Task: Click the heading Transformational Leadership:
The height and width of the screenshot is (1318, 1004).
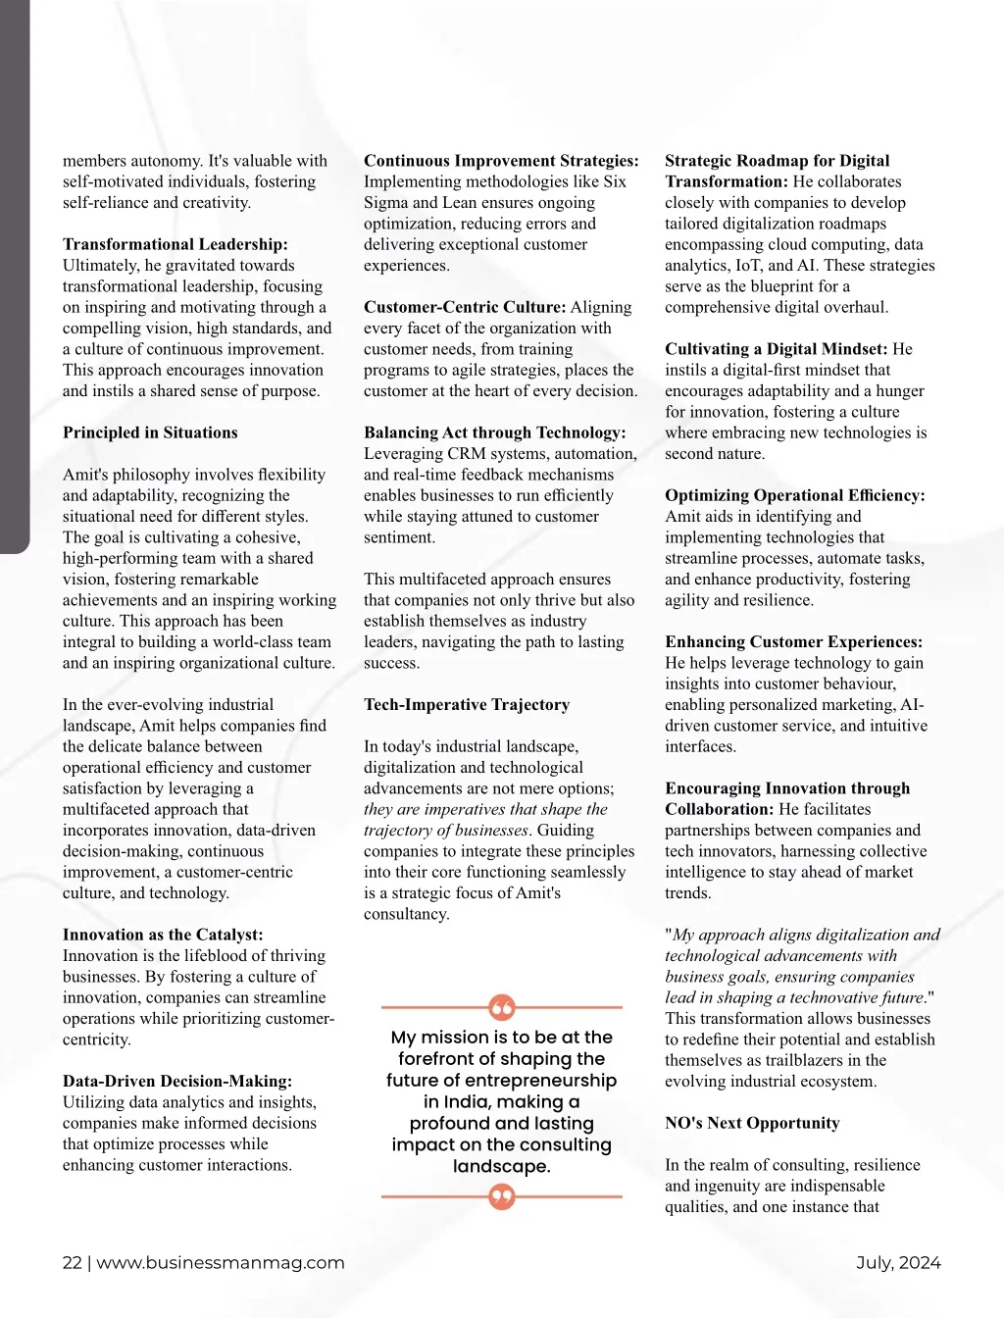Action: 175,244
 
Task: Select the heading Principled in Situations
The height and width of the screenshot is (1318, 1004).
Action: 150,432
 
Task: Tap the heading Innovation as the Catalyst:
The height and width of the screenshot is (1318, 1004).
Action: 163,935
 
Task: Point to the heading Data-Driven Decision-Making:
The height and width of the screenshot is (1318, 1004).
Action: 177,1081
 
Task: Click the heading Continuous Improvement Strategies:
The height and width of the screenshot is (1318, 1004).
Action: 501,161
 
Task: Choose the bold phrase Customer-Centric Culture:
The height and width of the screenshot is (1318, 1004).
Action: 465,307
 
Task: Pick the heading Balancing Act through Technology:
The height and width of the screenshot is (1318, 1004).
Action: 494,432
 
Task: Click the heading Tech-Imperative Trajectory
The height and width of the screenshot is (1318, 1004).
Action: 466,704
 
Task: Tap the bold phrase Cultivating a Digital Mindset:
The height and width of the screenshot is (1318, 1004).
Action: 776,349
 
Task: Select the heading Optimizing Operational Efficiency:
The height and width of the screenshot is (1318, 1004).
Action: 794,495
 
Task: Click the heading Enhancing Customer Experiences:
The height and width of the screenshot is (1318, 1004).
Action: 793,641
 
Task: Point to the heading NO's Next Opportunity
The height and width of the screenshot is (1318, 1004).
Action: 752,1123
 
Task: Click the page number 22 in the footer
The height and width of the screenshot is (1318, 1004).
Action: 72,1263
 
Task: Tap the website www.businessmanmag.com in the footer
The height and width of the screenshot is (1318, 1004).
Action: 221,1263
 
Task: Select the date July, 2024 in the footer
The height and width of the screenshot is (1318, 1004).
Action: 898,1263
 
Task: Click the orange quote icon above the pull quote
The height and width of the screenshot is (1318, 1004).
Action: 501,1007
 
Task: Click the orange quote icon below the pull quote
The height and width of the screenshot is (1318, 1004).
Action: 501,1196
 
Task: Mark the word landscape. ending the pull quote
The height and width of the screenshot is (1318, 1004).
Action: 501,1166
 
